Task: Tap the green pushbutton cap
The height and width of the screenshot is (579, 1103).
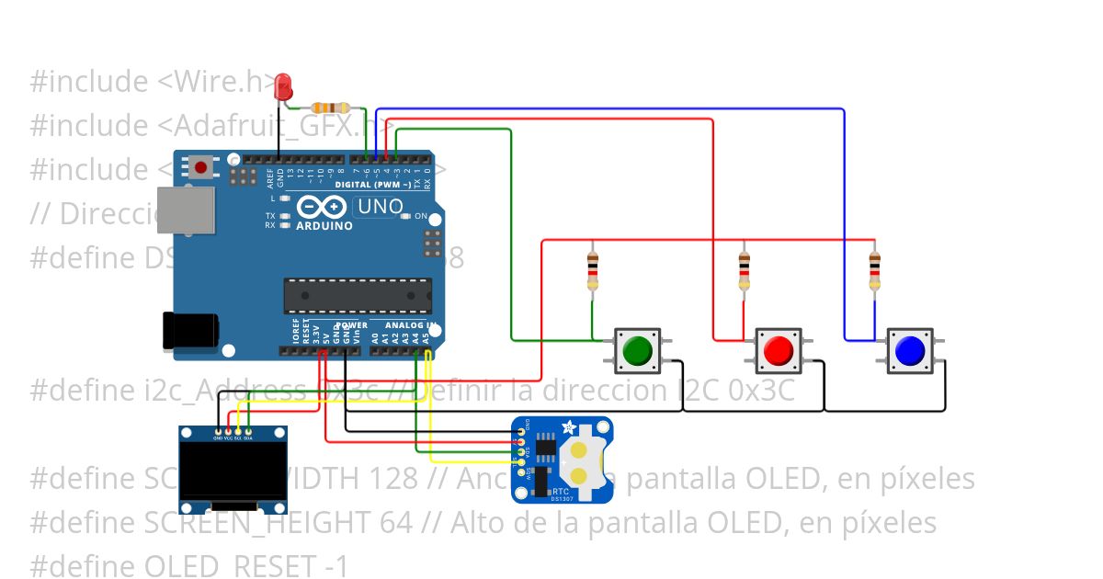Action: coord(636,350)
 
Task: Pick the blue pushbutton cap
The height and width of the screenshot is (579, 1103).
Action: coord(908,350)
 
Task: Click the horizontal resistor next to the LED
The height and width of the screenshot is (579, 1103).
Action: coord(330,108)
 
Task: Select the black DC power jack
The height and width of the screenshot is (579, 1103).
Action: coord(189,332)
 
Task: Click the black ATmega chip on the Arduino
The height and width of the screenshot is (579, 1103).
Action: coord(357,294)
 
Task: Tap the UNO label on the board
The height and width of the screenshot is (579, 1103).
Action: coord(379,207)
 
